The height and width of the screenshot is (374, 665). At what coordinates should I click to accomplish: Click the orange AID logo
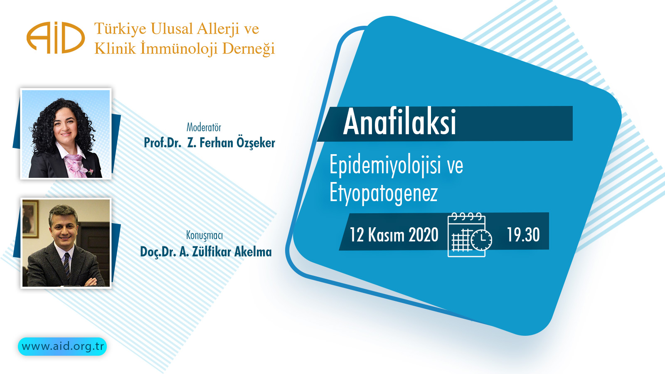click(55, 38)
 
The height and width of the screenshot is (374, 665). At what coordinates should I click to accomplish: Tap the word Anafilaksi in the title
click(399, 123)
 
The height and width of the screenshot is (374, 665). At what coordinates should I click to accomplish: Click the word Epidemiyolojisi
click(384, 165)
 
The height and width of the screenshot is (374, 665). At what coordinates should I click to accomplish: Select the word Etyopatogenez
click(383, 193)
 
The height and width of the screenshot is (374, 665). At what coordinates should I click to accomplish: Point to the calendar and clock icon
click(470, 235)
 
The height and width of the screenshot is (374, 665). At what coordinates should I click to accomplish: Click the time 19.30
click(523, 235)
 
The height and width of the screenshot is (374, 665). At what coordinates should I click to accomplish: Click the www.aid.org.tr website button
click(62, 347)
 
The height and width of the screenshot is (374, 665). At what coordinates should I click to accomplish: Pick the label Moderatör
click(204, 127)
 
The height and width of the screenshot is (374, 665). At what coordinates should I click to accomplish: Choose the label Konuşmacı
click(204, 235)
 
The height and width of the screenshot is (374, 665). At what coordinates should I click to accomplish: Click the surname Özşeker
click(256, 143)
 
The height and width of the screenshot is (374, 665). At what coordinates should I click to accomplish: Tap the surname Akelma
click(253, 252)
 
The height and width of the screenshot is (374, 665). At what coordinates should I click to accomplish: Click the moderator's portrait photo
click(66, 134)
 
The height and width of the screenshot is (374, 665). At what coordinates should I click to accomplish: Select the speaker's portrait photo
click(66, 243)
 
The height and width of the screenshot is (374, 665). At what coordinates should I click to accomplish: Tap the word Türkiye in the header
click(120, 29)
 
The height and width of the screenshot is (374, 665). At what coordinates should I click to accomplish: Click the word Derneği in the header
click(248, 49)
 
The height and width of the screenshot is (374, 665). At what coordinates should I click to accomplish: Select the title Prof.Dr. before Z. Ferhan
click(163, 143)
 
